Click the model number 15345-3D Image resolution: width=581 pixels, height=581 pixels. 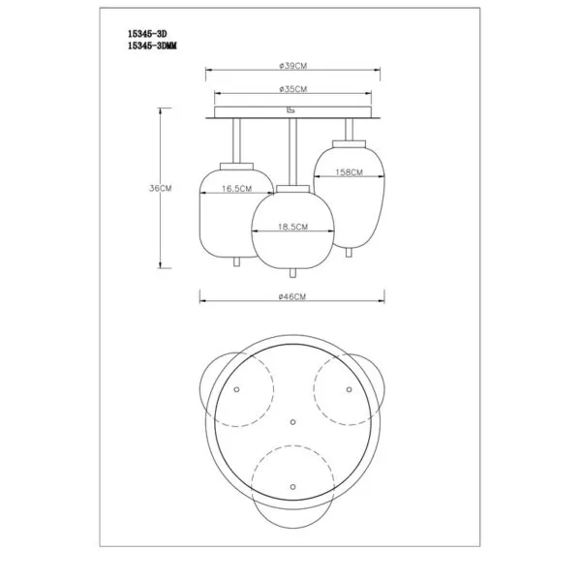coord(147,34)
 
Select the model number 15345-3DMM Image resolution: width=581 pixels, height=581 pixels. coord(152,46)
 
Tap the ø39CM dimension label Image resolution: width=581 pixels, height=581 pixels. coord(293,66)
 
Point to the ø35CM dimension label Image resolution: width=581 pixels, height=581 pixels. coord(293,89)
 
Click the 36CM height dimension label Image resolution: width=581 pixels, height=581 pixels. coord(161,188)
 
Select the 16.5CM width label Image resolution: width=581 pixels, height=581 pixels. coord(237,189)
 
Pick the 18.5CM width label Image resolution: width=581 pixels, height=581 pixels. coord(293,227)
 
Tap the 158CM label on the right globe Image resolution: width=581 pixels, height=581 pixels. coord(349,172)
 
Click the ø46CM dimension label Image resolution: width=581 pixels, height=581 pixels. coord(292,297)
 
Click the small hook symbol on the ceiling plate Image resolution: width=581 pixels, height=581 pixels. coord(291,110)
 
